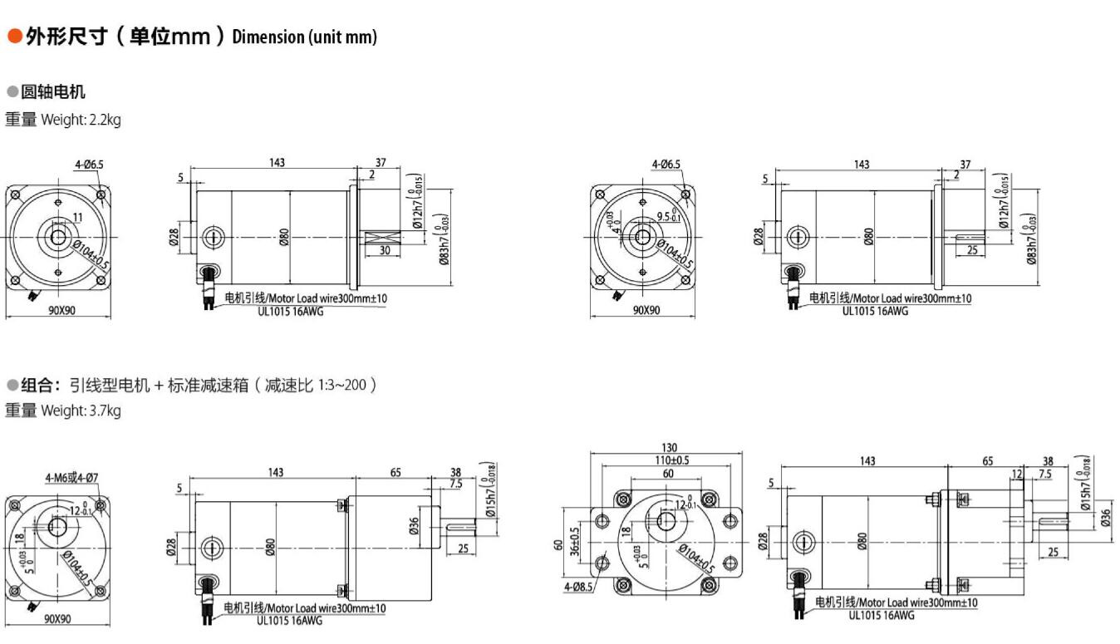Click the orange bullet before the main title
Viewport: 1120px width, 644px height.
pos(14,37)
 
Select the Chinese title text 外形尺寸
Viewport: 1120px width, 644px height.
pos(66,37)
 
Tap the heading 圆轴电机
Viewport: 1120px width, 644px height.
pos(53,91)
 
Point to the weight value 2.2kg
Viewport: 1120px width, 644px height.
pos(105,120)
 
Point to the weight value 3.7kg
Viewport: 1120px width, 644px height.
pos(105,410)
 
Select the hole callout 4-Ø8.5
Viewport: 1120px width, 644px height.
pos(578,587)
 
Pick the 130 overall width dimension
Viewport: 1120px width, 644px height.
pos(666,448)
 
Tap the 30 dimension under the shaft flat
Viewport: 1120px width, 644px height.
pos(384,249)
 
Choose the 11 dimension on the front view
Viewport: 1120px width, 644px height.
pos(76,217)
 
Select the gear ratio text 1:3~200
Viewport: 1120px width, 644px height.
pos(342,386)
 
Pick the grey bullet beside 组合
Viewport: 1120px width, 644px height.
pos(12,385)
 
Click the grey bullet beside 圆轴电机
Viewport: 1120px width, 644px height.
pos(12,91)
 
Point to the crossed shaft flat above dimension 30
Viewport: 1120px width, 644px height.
pos(382,237)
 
